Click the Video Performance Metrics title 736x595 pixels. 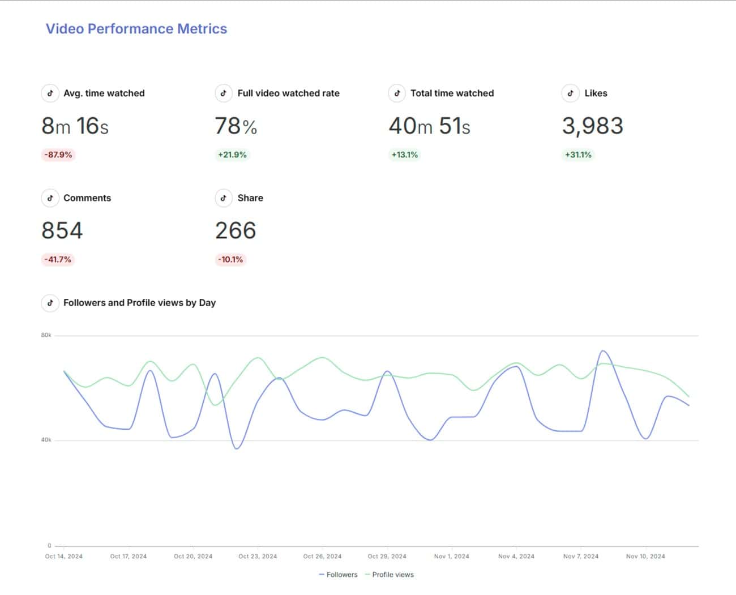click(136, 29)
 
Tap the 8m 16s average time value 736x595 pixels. click(75, 126)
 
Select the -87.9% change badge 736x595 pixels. click(58, 155)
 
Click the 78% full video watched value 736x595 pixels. click(236, 126)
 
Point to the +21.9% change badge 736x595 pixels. click(232, 155)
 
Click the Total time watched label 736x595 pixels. click(452, 93)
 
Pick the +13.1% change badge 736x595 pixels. click(404, 155)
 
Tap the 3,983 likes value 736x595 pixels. click(592, 126)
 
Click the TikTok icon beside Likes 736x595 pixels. click(570, 93)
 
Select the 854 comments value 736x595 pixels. click(62, 230)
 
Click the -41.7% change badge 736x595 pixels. click(58, 259)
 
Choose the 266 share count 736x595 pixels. click(236, 230)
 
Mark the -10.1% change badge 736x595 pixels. click(230, 259)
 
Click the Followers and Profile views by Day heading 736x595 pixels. click(139, 303)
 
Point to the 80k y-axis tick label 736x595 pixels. click(46, 335)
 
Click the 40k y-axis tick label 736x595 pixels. click(46, 440)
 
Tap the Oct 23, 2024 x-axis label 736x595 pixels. click(258, 556)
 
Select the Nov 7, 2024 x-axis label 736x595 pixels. click(580, 556)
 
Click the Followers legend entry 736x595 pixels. click(339, 575)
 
